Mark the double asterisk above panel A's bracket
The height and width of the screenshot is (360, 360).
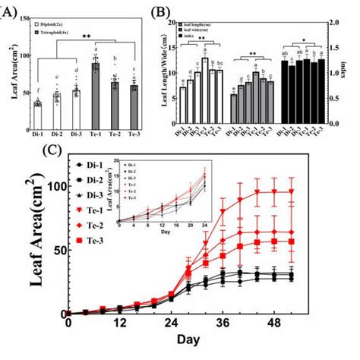coord(88,36)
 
